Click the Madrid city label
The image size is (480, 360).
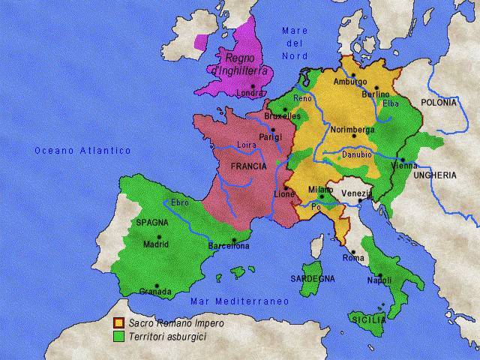click(155, 244)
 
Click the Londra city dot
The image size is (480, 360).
click(254, 86)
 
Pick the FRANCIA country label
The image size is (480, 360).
click(248, 166)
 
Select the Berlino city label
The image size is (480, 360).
click(375, 94)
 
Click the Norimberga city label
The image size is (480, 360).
click(352, 130)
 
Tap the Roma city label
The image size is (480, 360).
click(353, 258)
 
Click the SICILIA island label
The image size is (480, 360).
click(367, 320)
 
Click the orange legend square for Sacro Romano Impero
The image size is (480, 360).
click(118, 323)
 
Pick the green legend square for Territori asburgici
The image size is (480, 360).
click(118, 337)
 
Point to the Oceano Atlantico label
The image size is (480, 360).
click(82, 151)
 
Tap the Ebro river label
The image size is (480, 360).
click(180, 202)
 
